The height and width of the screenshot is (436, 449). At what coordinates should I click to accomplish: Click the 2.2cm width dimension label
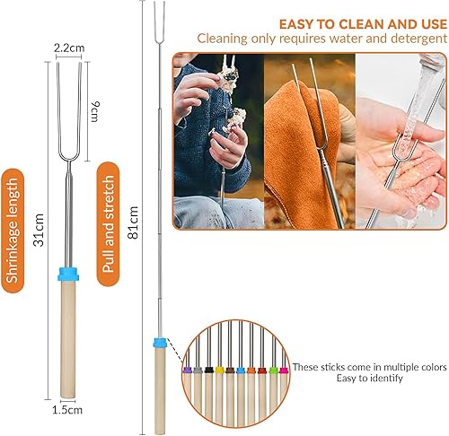click(x=68, y=46)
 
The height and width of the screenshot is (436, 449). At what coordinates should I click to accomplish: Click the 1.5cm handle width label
click(x=67, y=410)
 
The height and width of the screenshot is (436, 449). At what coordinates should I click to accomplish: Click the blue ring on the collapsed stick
click(x=67, y=273)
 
